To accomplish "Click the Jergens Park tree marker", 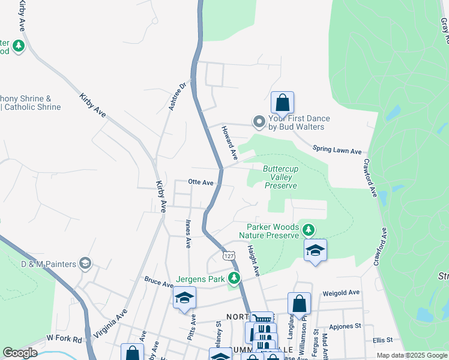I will point(234,279).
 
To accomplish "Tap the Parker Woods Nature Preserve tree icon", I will point(308,230).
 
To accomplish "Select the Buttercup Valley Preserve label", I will point(280,178).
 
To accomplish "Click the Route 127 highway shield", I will point(228,256).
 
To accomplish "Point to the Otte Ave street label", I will point(200,182).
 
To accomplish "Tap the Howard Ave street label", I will point(229,143).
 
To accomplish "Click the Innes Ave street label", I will point(188,234).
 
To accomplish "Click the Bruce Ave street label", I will point(158,280).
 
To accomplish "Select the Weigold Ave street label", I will point(340,293).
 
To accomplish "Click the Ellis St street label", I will point(382,340).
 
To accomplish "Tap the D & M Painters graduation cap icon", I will point(85,263).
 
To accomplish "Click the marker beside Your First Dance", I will point(259,122).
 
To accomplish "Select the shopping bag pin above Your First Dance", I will point(282,103).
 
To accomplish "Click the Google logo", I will point(20,353).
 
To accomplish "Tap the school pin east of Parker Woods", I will point(315,250).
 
